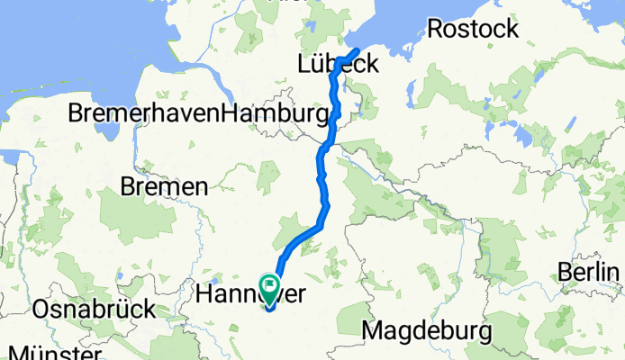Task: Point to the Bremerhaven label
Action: tap(144, 114)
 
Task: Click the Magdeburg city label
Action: tap(427, 330)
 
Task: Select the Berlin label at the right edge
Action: tap(590, 272)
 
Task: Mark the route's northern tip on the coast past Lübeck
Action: tap(358, 49)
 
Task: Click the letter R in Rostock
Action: tap(434, 29)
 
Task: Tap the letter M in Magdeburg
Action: tap(372, 330)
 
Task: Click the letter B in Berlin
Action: tap(564, 272)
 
